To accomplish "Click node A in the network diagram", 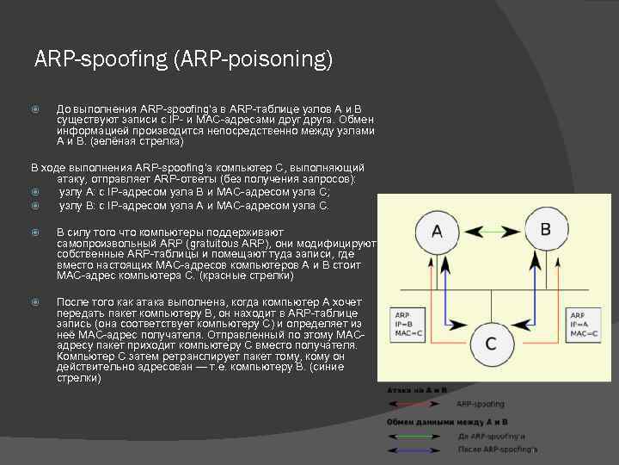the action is coord(437,232).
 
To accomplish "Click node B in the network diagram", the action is coord(545,230).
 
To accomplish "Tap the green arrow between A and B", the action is coord(491,230).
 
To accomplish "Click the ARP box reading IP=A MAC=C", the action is coord(583,322).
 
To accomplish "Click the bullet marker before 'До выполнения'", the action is coord(35,110).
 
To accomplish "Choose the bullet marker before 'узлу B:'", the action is coord(35,206).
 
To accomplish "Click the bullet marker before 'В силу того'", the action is coord(35,232).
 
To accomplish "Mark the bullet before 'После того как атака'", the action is coord(35,302).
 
